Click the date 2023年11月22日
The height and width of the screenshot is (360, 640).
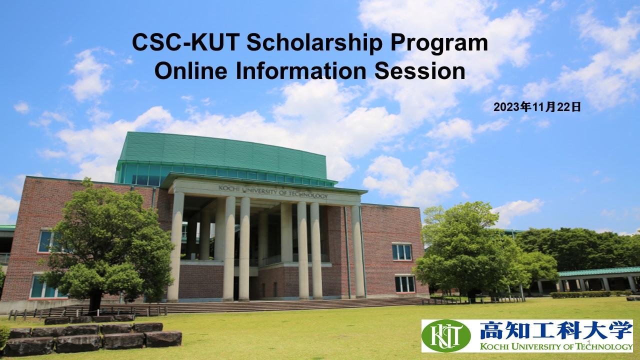[537, 106]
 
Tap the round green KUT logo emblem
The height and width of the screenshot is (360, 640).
[446, 335]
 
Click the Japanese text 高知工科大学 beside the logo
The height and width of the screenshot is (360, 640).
[555, 331]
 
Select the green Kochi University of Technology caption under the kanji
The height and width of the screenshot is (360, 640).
[555, 346]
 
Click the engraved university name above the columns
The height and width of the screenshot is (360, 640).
[273, 191]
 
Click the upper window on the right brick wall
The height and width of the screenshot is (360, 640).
[401, 251]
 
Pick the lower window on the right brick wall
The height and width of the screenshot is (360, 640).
[404, 284]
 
